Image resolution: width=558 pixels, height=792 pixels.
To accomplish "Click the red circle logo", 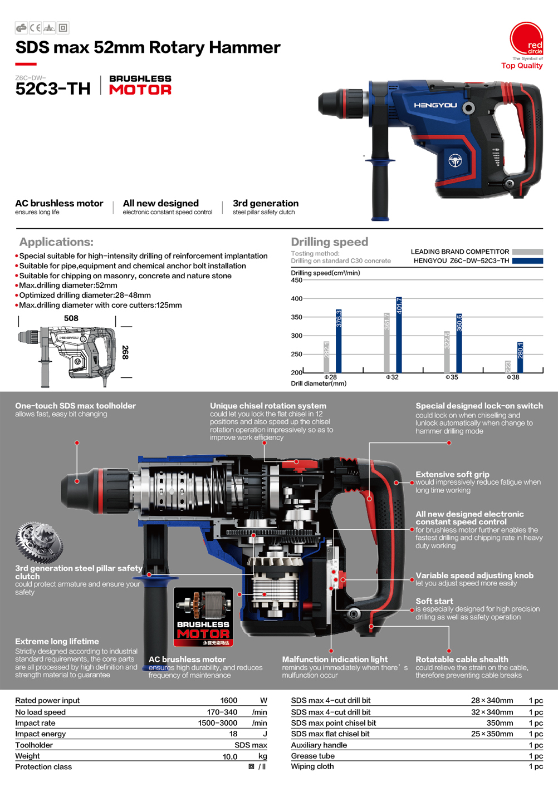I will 526,39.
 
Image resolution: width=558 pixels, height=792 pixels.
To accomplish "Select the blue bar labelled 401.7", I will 399,334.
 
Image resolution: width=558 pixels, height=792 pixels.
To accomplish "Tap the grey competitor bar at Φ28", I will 327,357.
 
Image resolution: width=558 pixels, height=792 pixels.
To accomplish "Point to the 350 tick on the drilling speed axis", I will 296,317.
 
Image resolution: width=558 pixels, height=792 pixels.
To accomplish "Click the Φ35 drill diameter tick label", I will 452,377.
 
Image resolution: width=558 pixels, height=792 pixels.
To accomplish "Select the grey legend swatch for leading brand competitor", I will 527,252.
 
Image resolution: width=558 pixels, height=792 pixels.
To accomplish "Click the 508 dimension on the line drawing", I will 71,318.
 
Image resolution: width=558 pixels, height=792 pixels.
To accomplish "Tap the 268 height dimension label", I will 125,352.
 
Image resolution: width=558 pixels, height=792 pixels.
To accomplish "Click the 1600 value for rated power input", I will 228,701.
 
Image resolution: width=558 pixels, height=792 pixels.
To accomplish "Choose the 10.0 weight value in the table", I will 229,756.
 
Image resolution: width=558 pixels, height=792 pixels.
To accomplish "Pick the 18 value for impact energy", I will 233,734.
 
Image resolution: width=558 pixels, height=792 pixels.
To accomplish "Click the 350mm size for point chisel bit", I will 500,723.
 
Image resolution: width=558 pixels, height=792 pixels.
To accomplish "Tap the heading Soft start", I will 434,601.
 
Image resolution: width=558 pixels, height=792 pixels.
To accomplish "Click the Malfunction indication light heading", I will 335,659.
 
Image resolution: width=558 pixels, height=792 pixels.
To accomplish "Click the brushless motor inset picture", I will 203,617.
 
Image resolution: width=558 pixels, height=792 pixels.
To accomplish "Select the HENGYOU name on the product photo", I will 435,105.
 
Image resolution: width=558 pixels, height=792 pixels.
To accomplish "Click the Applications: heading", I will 56,242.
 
